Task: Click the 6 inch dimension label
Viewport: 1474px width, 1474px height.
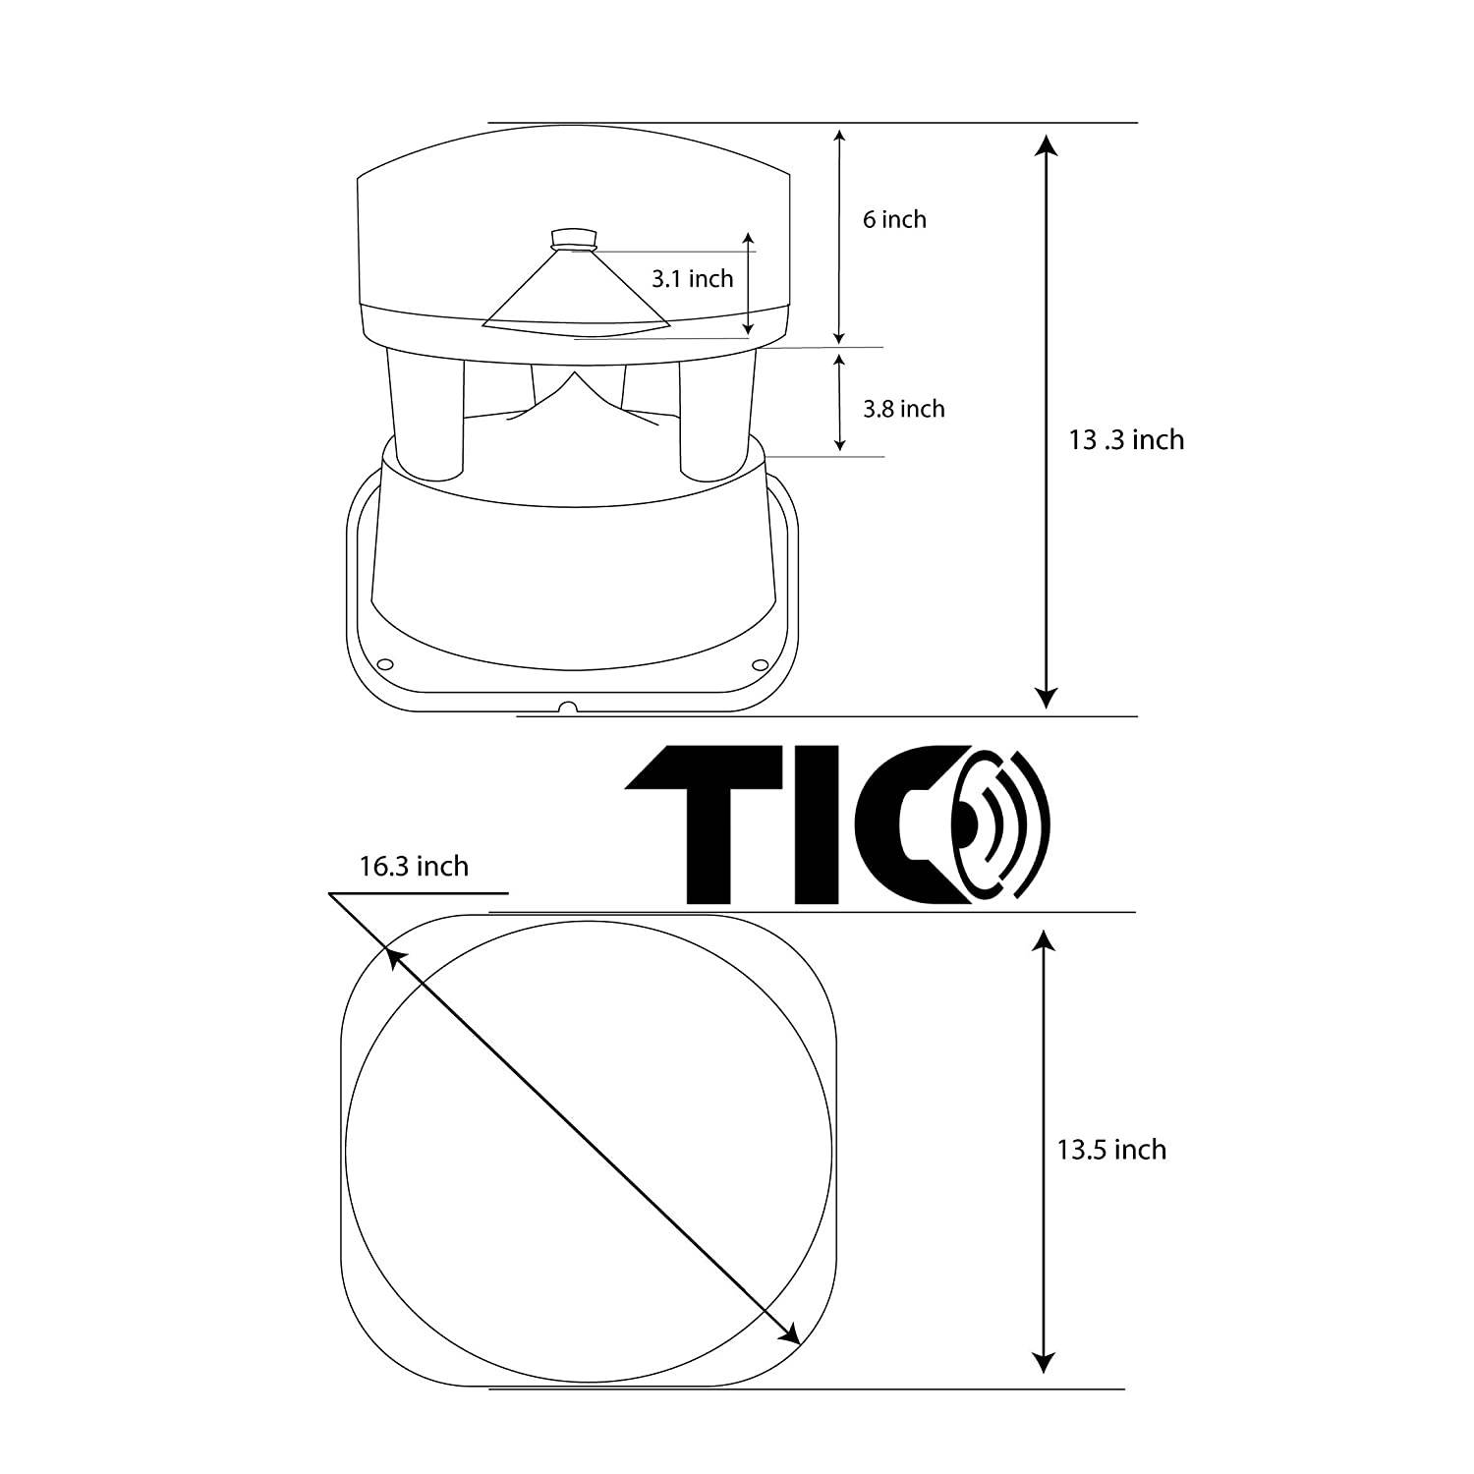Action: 894,219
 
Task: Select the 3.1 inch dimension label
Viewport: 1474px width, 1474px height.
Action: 692,279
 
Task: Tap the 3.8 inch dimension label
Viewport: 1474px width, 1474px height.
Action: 903,409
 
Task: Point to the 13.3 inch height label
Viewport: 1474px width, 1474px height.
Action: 1126,439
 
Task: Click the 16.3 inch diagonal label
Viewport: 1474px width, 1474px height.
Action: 414,866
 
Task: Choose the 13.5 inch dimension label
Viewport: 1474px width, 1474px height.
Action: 1111,1150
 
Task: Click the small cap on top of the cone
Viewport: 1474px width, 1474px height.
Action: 575,239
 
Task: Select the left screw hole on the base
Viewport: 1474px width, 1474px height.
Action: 385,663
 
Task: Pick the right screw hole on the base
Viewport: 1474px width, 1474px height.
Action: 761,663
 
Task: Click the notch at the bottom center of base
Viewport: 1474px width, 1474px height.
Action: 566,707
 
